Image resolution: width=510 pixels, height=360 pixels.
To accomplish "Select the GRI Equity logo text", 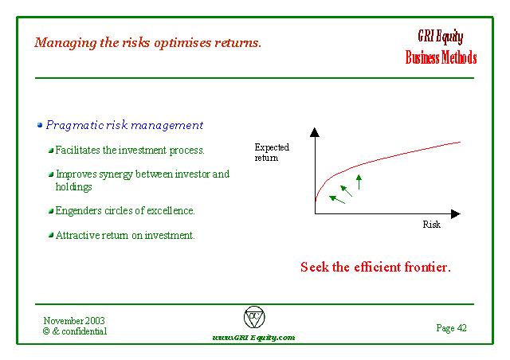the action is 441,37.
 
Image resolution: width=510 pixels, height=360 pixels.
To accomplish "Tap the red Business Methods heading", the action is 441,57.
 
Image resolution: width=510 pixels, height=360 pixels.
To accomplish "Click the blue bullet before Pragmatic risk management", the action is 40,125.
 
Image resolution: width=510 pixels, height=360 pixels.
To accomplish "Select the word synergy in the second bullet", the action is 116,174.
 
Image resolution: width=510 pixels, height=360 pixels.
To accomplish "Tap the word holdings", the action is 74,187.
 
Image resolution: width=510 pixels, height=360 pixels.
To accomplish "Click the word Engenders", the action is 78,211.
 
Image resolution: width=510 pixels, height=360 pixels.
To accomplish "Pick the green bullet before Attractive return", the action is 51,235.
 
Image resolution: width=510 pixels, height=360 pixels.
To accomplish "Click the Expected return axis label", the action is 272,152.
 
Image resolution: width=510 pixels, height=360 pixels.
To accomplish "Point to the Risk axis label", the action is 432,225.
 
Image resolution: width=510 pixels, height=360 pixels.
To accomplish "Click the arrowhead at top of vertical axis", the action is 315,132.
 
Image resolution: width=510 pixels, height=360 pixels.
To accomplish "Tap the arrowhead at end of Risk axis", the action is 456,213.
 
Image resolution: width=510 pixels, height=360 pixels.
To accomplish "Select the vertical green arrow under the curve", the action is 359,182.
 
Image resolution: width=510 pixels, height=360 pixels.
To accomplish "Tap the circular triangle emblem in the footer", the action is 254,317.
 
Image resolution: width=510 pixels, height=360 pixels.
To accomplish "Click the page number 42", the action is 462,328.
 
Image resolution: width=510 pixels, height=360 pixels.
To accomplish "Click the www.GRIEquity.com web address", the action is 253,338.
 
